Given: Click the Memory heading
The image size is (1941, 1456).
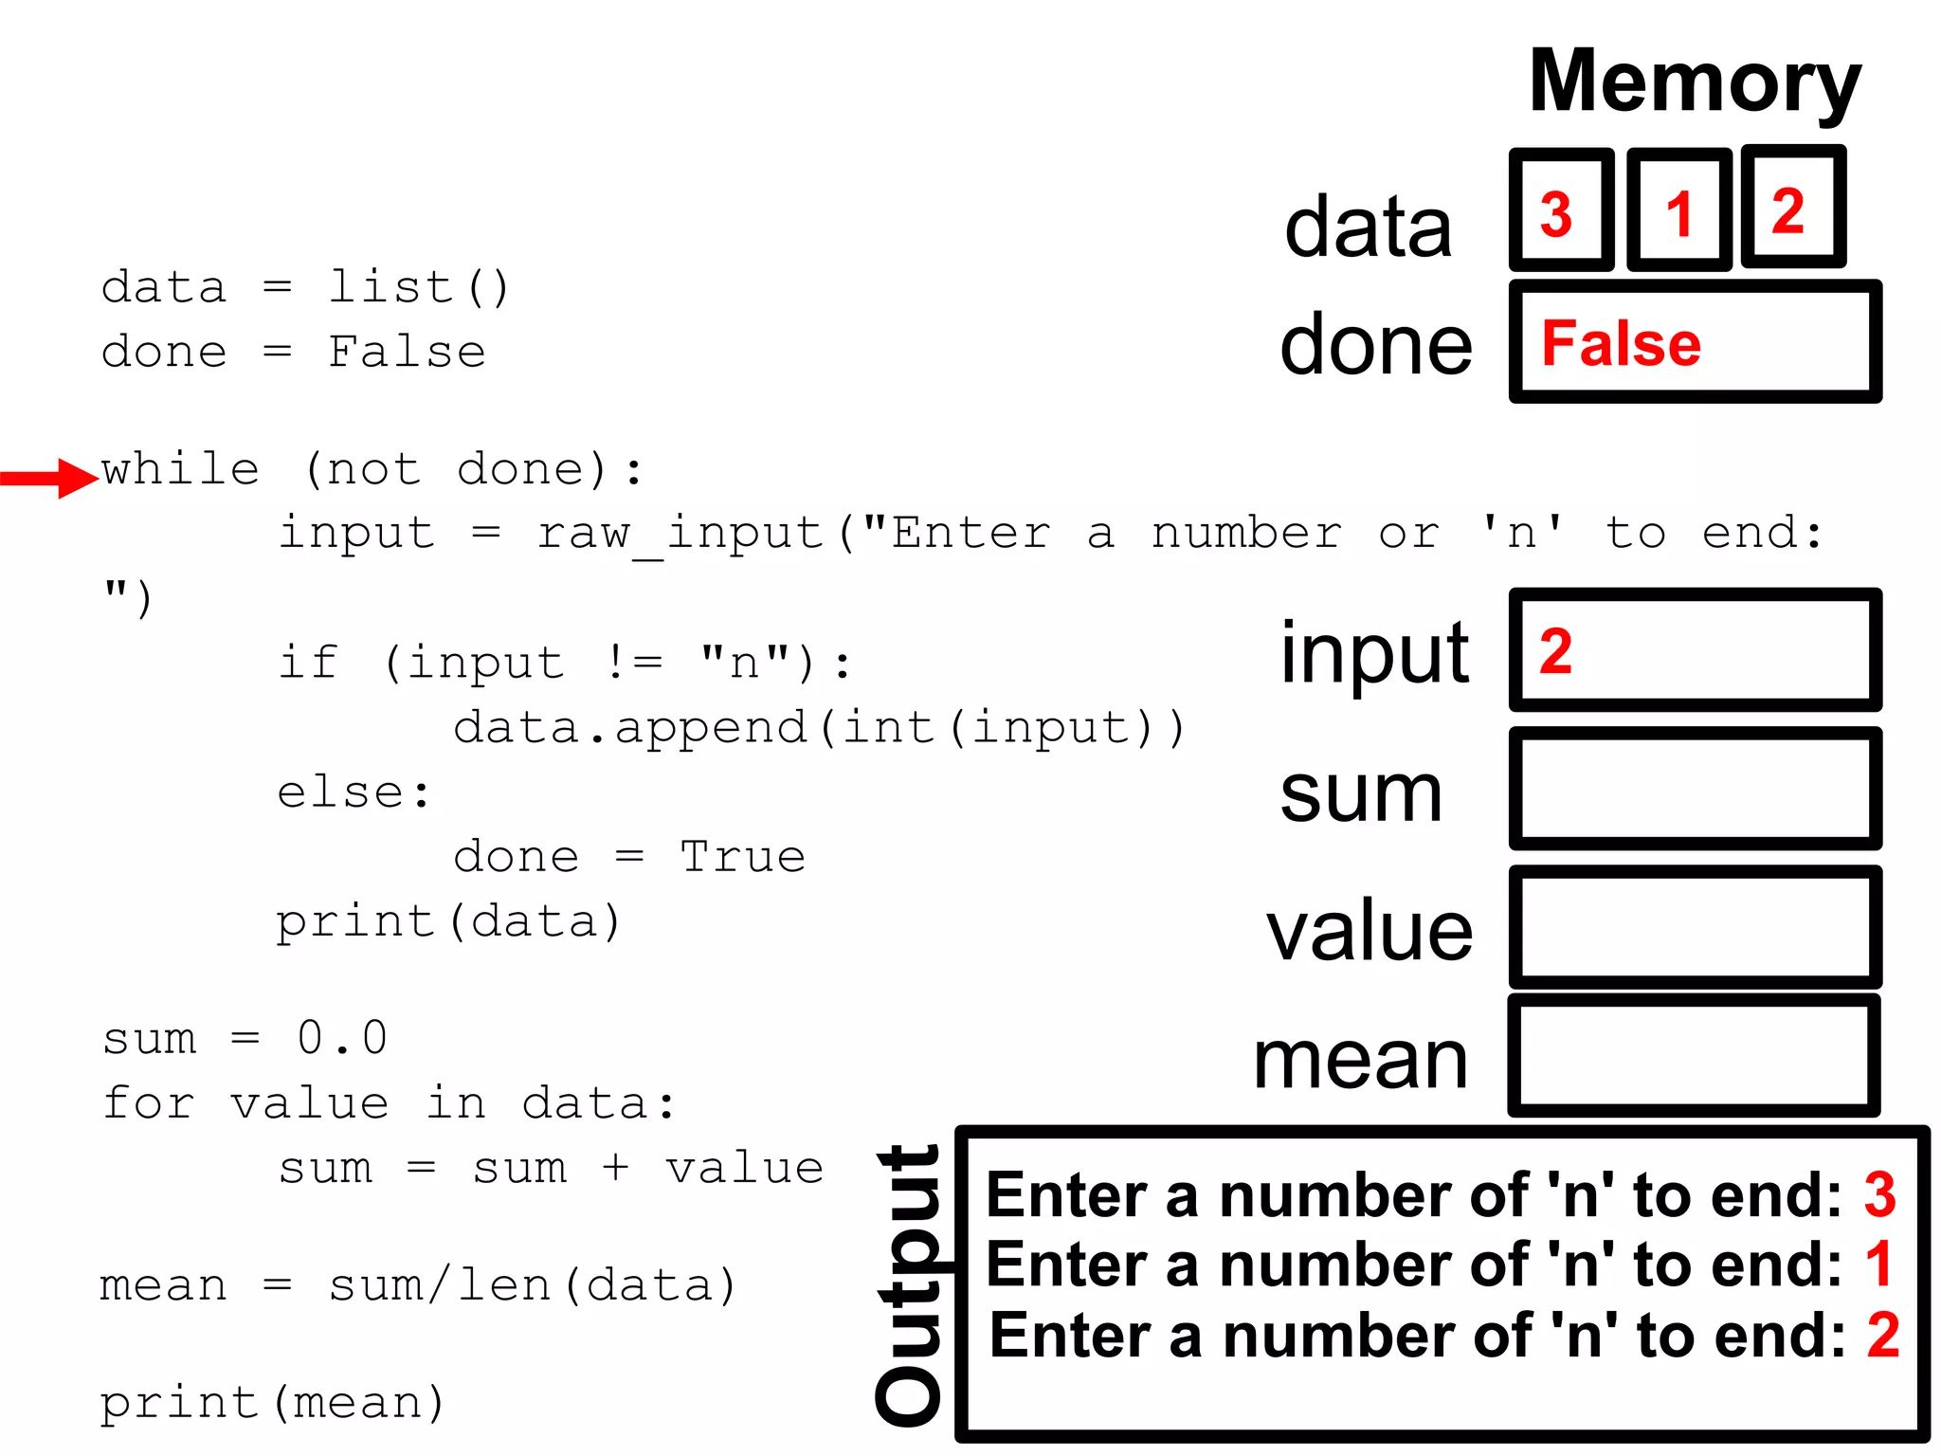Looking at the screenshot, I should click(x=1694, y=83).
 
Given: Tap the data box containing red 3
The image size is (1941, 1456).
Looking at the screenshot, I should click(x=1561, y=210).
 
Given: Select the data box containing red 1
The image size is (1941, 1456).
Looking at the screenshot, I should click(x=1678, y=210).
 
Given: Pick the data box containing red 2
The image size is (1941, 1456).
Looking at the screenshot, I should click(x=1792, y=208).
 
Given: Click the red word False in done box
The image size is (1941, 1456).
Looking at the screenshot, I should click(x=1621, y=343).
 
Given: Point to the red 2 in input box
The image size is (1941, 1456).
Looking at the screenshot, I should click(x=1555, y=651).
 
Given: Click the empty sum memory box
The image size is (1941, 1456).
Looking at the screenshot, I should click(x=1694, y=789).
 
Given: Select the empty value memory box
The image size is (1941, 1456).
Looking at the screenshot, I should click(x=1694, y=927).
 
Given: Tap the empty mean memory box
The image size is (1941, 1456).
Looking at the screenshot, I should click(x=1694, y=1056).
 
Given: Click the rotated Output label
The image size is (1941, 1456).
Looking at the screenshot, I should click(x=908, y=1284).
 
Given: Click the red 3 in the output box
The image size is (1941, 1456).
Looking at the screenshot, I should click(x=1879, y=1194).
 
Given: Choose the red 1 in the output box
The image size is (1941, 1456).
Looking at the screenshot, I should click(x=1878, y=1265).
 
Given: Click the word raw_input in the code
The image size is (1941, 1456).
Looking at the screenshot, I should click(x=680, y=534).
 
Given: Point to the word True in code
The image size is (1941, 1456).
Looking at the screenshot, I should click(x=742, y=857).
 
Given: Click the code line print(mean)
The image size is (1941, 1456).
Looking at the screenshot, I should click(x=272, y=1403).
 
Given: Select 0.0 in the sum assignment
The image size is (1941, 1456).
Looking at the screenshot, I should click(x=341, y=1038).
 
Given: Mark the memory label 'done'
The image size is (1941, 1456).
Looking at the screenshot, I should click(x=1375, y=345).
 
